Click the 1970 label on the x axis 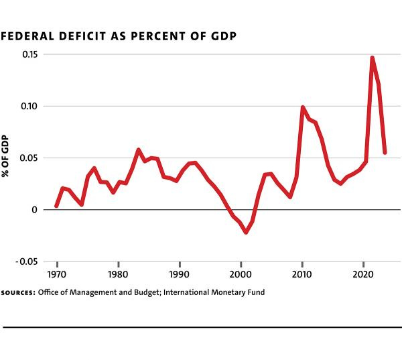pyautogui.click(x=56, y=274)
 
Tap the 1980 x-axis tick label pyautogui.click(x=118, y=274)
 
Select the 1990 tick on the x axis pyautogui.click(x=179, y=274)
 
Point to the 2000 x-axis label pyautogui.click(x=241, y=274)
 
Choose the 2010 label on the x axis pyautogui.click(x=302, y=274)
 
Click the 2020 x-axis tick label pyautogui.click(x=363, y=274)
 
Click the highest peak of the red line pyautogui.click(x=372, y=58)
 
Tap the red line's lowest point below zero pyautogui.click(x=246, y=232)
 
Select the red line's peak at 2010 pyautogui.click(x=303, y=107)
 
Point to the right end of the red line pyautogui.click(x=385, y=152)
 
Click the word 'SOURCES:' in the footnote pyautogui.click(x=18, y=293)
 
